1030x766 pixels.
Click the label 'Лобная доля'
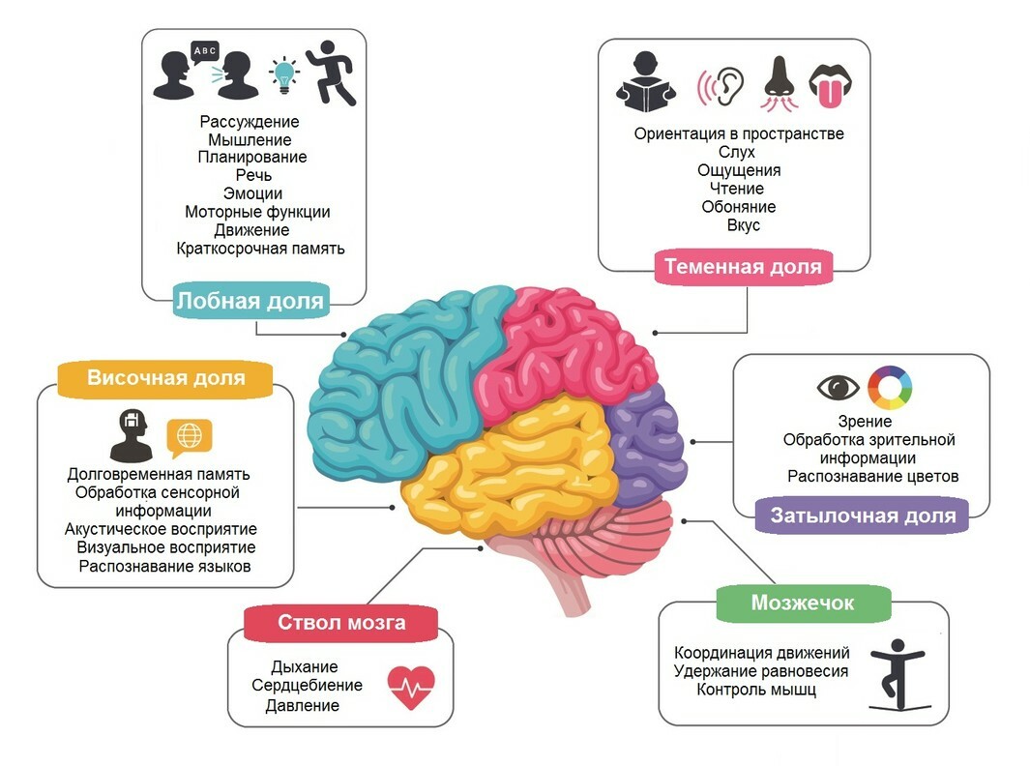click(250, 300)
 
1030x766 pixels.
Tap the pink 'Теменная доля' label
click(743, 266)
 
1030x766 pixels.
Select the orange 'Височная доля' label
click(165, 378)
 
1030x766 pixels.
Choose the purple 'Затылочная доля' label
click(863, 516)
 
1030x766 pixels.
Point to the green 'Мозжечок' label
click(803, 603)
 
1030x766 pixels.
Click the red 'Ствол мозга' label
click(341, 622)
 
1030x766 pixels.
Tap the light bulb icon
click(283, 74)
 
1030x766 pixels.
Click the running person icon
click(331, 73)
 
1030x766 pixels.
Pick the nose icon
click(780, 83)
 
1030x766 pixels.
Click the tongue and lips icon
click(831, 85)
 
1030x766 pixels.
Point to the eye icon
click(839, 387)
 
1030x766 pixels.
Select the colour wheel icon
click(890, 388)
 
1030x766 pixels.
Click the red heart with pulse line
click(411, 688)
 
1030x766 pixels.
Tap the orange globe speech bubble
click(190, 437)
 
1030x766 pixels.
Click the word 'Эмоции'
click(252, 193)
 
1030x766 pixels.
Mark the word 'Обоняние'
click(738, 207)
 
